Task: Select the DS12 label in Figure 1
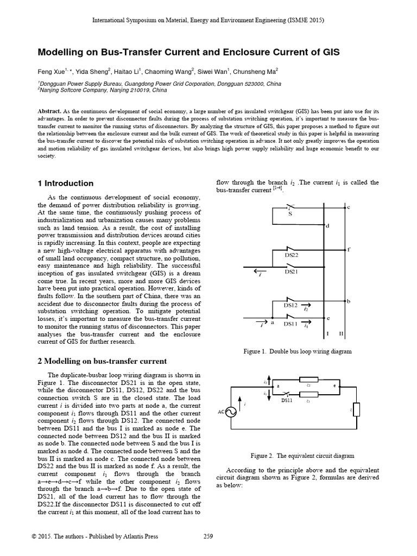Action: tap(292, 306)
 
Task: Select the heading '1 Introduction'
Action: tap(65, 184)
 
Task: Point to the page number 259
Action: tap(208, 536)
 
